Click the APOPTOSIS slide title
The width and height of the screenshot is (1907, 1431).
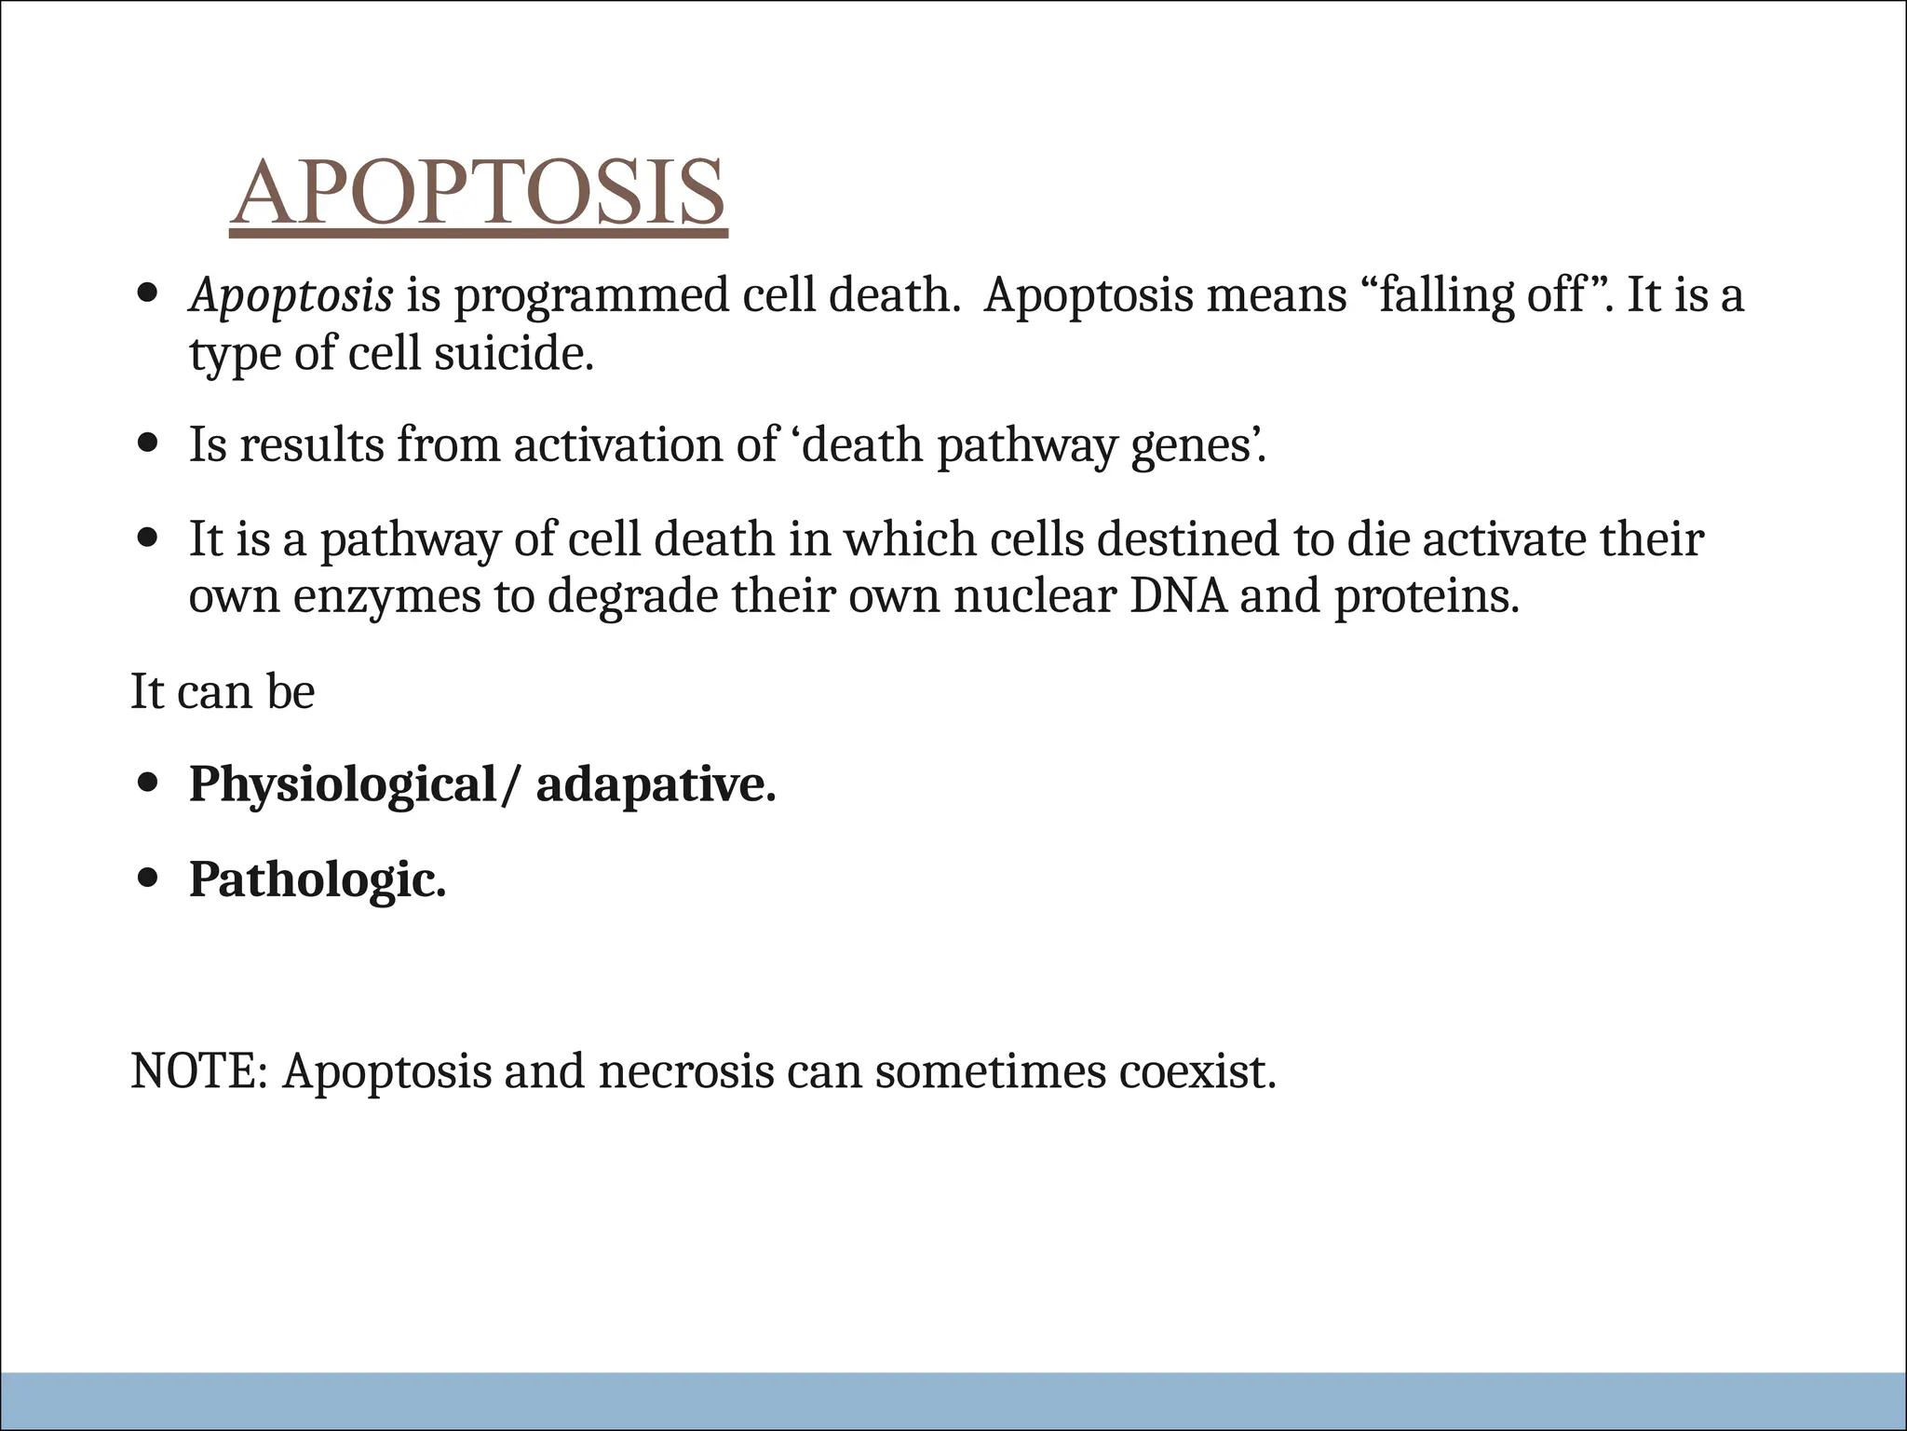click(478, 193)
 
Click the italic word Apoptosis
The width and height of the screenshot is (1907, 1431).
click(291, 296)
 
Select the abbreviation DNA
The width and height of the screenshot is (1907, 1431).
click(1178, 596)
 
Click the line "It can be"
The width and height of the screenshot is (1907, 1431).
click(223, 691)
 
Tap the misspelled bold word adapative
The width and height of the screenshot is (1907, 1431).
click(656, 784)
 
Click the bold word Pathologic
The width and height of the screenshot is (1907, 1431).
click(318, 879)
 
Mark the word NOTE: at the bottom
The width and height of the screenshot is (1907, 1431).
click(199, 1071)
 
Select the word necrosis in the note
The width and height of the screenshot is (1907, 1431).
click(686, 1071)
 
